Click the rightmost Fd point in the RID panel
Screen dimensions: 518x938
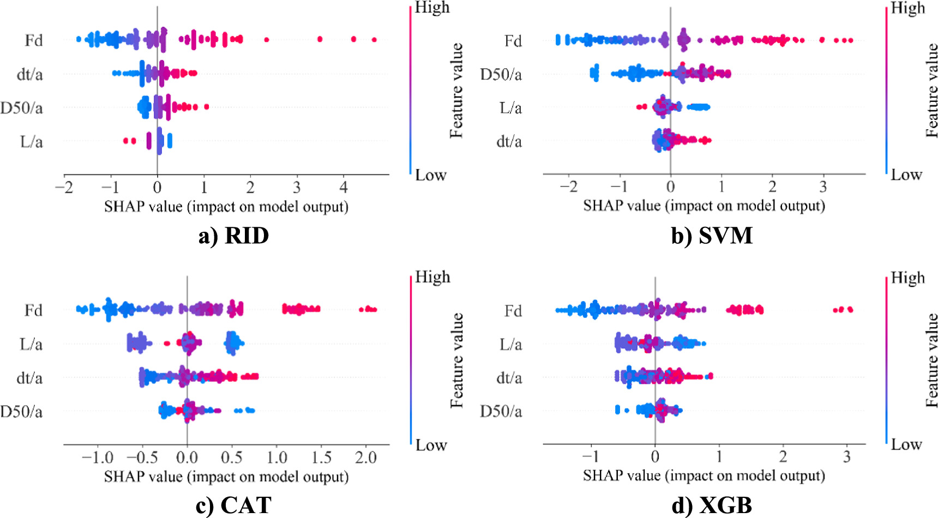pyautogui.click(x=374, y=39)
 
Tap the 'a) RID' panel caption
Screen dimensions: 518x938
pyautogui.click(x=233, y=236)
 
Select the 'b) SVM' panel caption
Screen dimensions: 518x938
pyautogui.click(x=712, y=236)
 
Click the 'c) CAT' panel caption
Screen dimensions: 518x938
pyautogui.click(x=233, y=505)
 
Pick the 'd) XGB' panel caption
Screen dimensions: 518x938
pyautogui.click(x=712, y=505)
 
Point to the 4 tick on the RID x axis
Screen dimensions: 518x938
pyautogui.click(x=344, y=188)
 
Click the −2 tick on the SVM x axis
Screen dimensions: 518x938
pyautogui.click(x=568, y=187)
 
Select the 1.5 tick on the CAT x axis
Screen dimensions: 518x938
pyautogui.click(x=321, y=457)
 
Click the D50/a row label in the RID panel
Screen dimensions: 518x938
pyautogui.click(x=21, y=108)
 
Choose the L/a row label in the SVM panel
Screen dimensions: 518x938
pyautogui.click(x=510, y=108)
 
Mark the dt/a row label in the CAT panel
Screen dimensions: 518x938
pyautogui.click(x=29, y=378)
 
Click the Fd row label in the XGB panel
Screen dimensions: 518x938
pyautogui.click(x=513, y=311)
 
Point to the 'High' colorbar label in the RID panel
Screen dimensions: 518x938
pyautogui.click(x=432, y=8)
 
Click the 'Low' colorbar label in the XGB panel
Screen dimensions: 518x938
pyautogui.click(x=906, y=444)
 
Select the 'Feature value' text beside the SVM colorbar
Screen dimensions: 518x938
pyautogui.click(x=931, y=90)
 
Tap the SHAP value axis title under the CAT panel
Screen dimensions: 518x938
pyautogui.click(x=226, y=477)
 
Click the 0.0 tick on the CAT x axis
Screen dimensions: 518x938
pyautogui.click(x=187, y=457)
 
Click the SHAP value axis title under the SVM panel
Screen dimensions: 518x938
pyautogui.click(x=703, y=206)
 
